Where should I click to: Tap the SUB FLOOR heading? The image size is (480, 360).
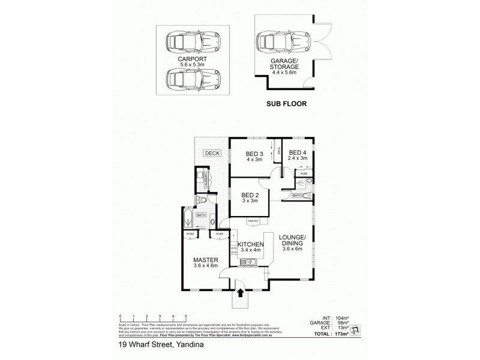[x=286, y=103]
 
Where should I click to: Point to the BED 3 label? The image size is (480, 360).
[x=250, y=154]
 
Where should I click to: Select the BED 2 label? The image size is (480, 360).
[x=250, y=194]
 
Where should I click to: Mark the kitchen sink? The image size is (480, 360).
[x=247, y=262]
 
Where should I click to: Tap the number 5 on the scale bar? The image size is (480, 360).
[x=185, y=316]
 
